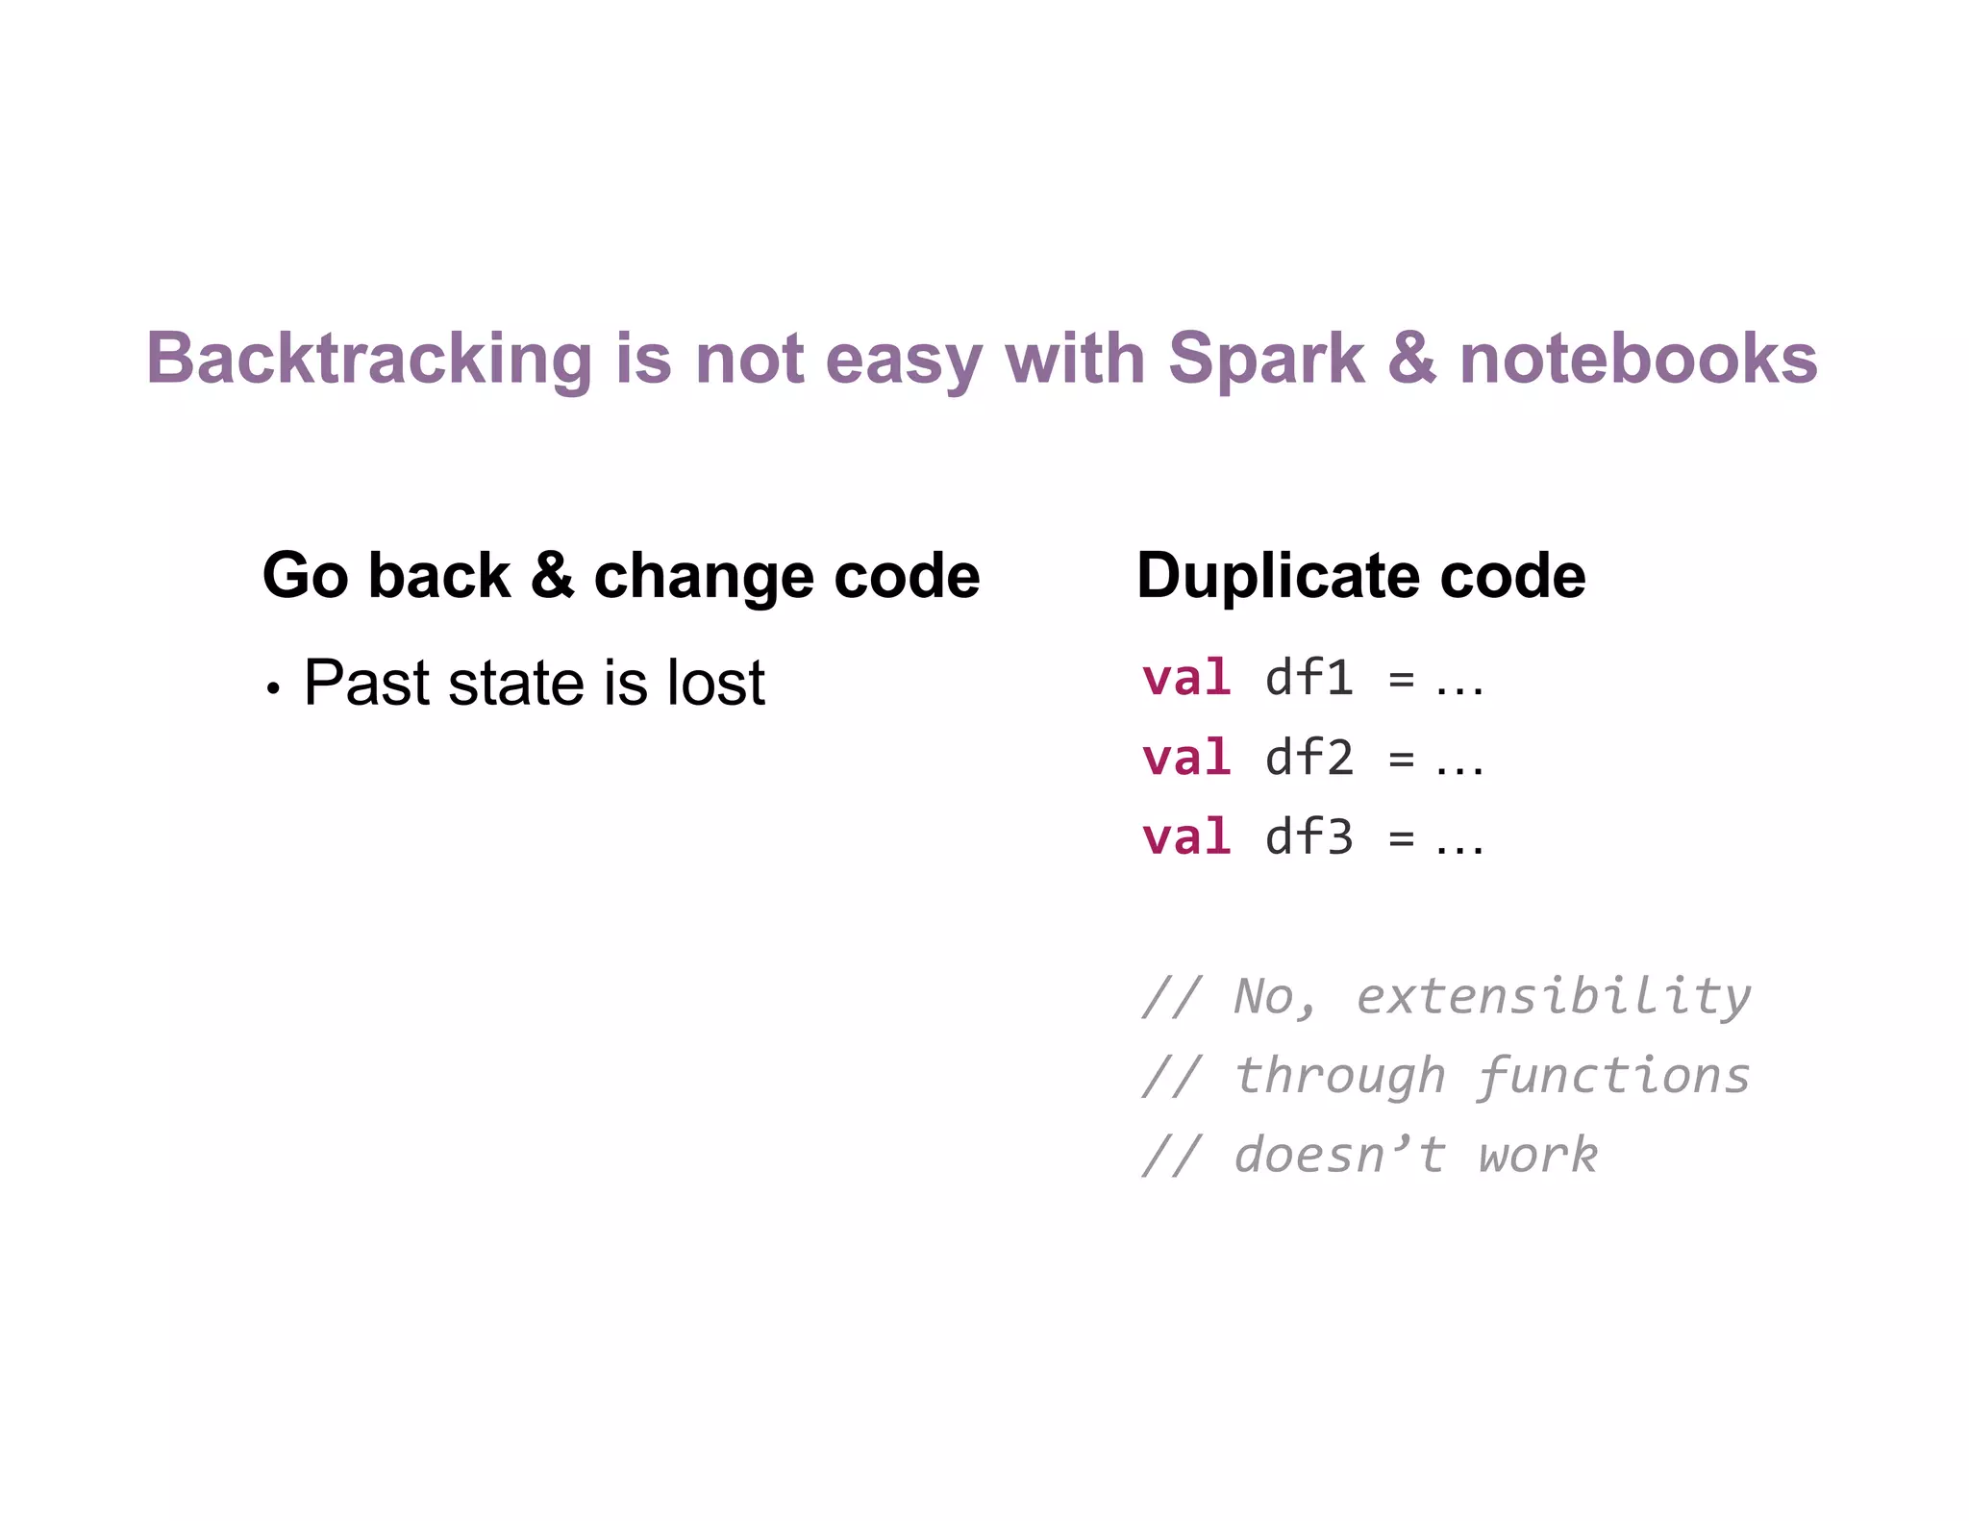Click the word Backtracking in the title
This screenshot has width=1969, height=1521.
pyautogui.click(x=368, y=359)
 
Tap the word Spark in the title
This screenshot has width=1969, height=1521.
pyautogui.click(x=1265, y=359)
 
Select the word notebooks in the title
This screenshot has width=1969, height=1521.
pyautogui.click(x=1637, y=359)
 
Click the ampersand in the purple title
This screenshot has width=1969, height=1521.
pyautogui.click(x=1411, y=359)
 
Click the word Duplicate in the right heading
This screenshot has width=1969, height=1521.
pyautogui.click(x=1278, y=576)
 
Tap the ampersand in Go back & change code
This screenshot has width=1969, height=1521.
pyautogui.click(x=552, y=576)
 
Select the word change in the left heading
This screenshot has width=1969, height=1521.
pyautogui.click(x=703, y=576)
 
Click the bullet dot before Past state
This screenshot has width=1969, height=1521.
pyautogui.click(x=274, y=688)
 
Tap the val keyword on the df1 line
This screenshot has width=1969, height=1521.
pyautogui.click(x=1186, y=677)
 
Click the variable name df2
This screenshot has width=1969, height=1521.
pyautogui.click(x=1309, y=757)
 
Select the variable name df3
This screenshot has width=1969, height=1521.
pyautogui.click(x=1309, y=836)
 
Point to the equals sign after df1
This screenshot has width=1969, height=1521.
pyautogui.click(x=1402, y=680)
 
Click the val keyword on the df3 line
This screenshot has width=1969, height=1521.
pyautogui.click(x=1186, y=836)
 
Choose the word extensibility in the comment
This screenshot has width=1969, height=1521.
pyautogui.click(x=1553, y=995)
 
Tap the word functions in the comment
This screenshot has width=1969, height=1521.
pyautogui.click(x=1613, y=1075)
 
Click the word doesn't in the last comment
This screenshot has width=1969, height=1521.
pyautogui.click(x=1339, y=1154)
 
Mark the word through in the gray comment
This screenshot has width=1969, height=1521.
pyautogui.click(x=1339, y=1075)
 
